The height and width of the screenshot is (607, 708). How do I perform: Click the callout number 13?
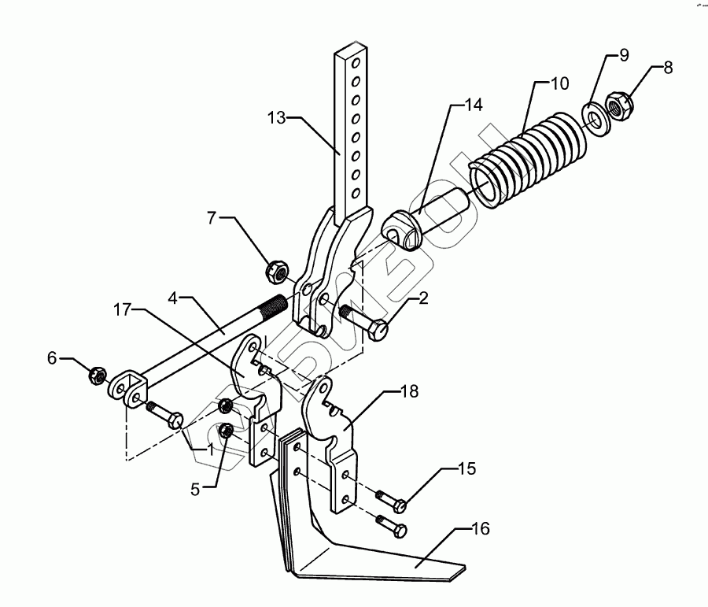(x=276, y=118)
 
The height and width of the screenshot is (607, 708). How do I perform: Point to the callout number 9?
(x=623, y=55)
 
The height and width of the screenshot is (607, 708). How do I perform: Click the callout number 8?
(x=668, y=67)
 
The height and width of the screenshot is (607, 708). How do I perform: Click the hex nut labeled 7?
(x=276, y=272)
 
